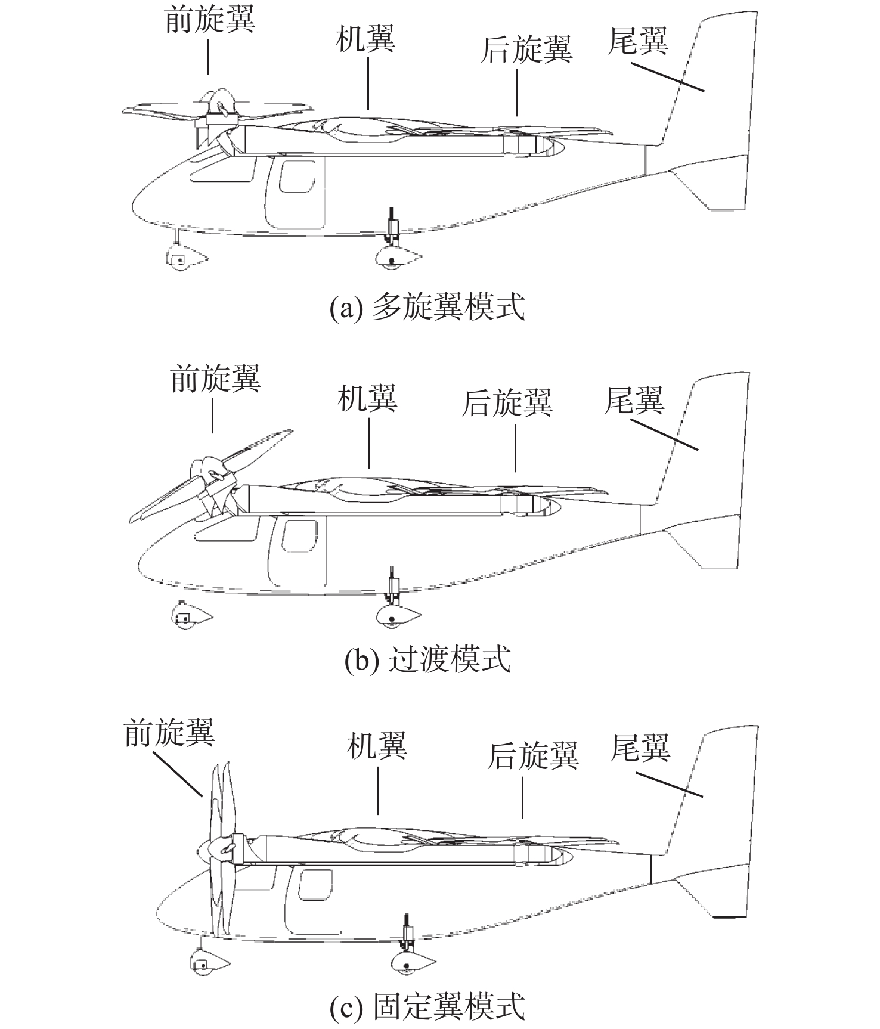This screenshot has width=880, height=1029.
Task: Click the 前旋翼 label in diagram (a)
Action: pyautogui.click(x=210, y=19)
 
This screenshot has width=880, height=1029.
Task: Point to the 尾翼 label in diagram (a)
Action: pyautogui.click(x=638, y=41)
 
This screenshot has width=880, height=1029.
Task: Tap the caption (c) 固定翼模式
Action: pyautogui.click(x=427, y=1006)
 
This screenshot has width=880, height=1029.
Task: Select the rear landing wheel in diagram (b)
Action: pyautogui.click(x=393, y=618)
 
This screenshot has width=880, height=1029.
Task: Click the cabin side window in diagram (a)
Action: pyautogui.click(x=296, y=176)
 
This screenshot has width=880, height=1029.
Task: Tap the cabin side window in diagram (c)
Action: pyautogui.click(x=315, y=884)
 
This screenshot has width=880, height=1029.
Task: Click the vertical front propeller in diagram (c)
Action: pyautogui.click(x=222, y=847)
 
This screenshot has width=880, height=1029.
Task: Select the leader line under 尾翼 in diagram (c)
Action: pyautogui.click(x=669, y=783)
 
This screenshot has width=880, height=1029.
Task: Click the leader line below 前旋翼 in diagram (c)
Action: pyautogui.click(x=178, y=773)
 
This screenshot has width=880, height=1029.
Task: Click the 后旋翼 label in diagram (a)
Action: pyautogui.click(x=527, y=49)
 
